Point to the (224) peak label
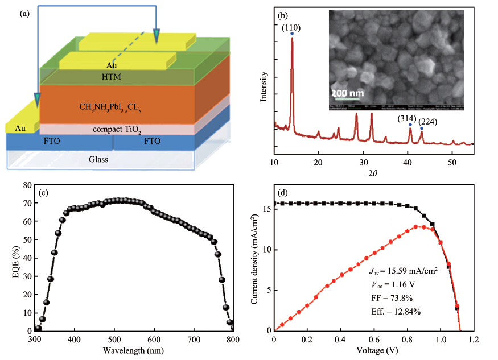click(x=429, y=121)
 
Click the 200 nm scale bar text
click(x=347, y=93)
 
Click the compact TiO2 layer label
click(x=126, y=130)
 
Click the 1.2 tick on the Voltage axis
click(x=475, y=340)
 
